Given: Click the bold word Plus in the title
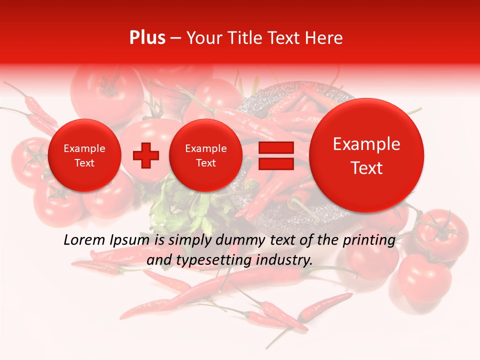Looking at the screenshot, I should pyautogui.click(x=147, y=38).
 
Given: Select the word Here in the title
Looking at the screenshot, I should pyautogui.click(x=325, y=38).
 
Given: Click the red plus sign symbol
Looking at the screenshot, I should pyautogui.click(x=145, y=155).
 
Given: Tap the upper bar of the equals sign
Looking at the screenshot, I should pyautogui.click(x=275, y=147).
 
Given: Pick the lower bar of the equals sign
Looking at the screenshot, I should pyautogui.click(x=275, y=164).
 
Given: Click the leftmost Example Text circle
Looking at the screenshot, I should pyautogui.click(x=84, y=155).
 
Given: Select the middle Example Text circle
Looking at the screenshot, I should pyautogui.click(x=205, y=155).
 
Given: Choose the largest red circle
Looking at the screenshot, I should pyautogui.click(x=366, y=155).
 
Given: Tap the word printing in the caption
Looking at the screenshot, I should pyautogui.click(x=369, y=241).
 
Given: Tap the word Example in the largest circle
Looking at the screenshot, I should pyautogui.click(x=366, y=144).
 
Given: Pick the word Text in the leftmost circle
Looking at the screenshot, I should pyautogui.click(x=84, y=163).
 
